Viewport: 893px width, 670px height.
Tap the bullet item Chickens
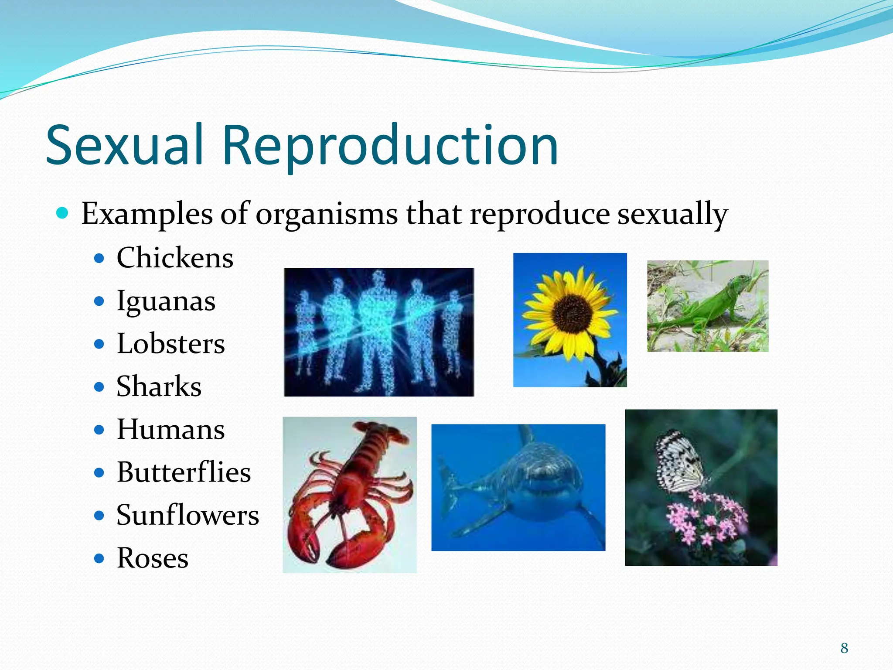click(174, 257)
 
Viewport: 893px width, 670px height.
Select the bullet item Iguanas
click(166, 301)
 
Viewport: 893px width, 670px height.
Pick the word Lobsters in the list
click(170, 344)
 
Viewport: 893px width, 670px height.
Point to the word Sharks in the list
click(159, 386)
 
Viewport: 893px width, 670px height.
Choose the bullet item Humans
click(170, 429)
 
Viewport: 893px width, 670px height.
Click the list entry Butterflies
click(184, 472)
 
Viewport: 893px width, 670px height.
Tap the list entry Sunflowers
click(187, 515)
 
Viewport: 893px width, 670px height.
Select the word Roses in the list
click(152, 557)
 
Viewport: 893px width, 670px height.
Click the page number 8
click(844, 648)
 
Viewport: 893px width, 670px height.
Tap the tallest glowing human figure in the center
click(378, 332)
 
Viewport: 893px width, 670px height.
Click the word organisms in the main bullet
click(326, 214)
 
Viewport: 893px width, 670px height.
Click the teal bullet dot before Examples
click(63, 213)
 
